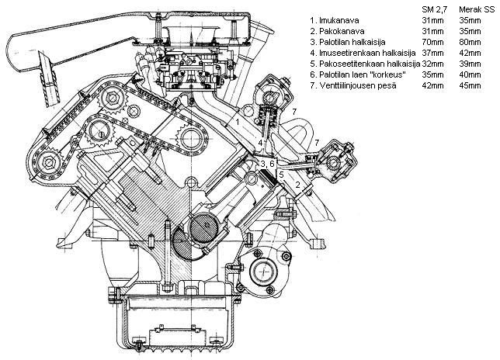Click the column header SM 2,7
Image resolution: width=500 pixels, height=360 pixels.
coord(435,10)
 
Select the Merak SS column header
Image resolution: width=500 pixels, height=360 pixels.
coord(477,9)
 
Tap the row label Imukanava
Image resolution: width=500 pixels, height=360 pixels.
coord(339,20)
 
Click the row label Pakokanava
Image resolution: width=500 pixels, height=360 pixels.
coord(342,31)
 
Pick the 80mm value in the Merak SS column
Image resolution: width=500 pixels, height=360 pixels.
coord(470,42)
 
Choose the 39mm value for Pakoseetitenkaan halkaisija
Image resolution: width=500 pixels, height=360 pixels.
coord(470,64)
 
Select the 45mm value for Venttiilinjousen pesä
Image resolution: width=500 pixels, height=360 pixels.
coord(470,85)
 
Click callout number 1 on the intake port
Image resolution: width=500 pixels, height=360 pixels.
coord(238,122)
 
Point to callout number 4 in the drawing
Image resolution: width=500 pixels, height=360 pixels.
coord(261,143)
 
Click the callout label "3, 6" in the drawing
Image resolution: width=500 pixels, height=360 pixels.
coord(267,164)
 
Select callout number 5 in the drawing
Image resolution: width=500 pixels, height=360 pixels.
coord(281,175)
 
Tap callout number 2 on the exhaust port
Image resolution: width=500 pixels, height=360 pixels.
coord(297,185)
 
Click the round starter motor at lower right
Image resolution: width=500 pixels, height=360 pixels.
coord(263,272)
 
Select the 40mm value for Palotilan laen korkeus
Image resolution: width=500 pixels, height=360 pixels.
coord(470,74)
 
